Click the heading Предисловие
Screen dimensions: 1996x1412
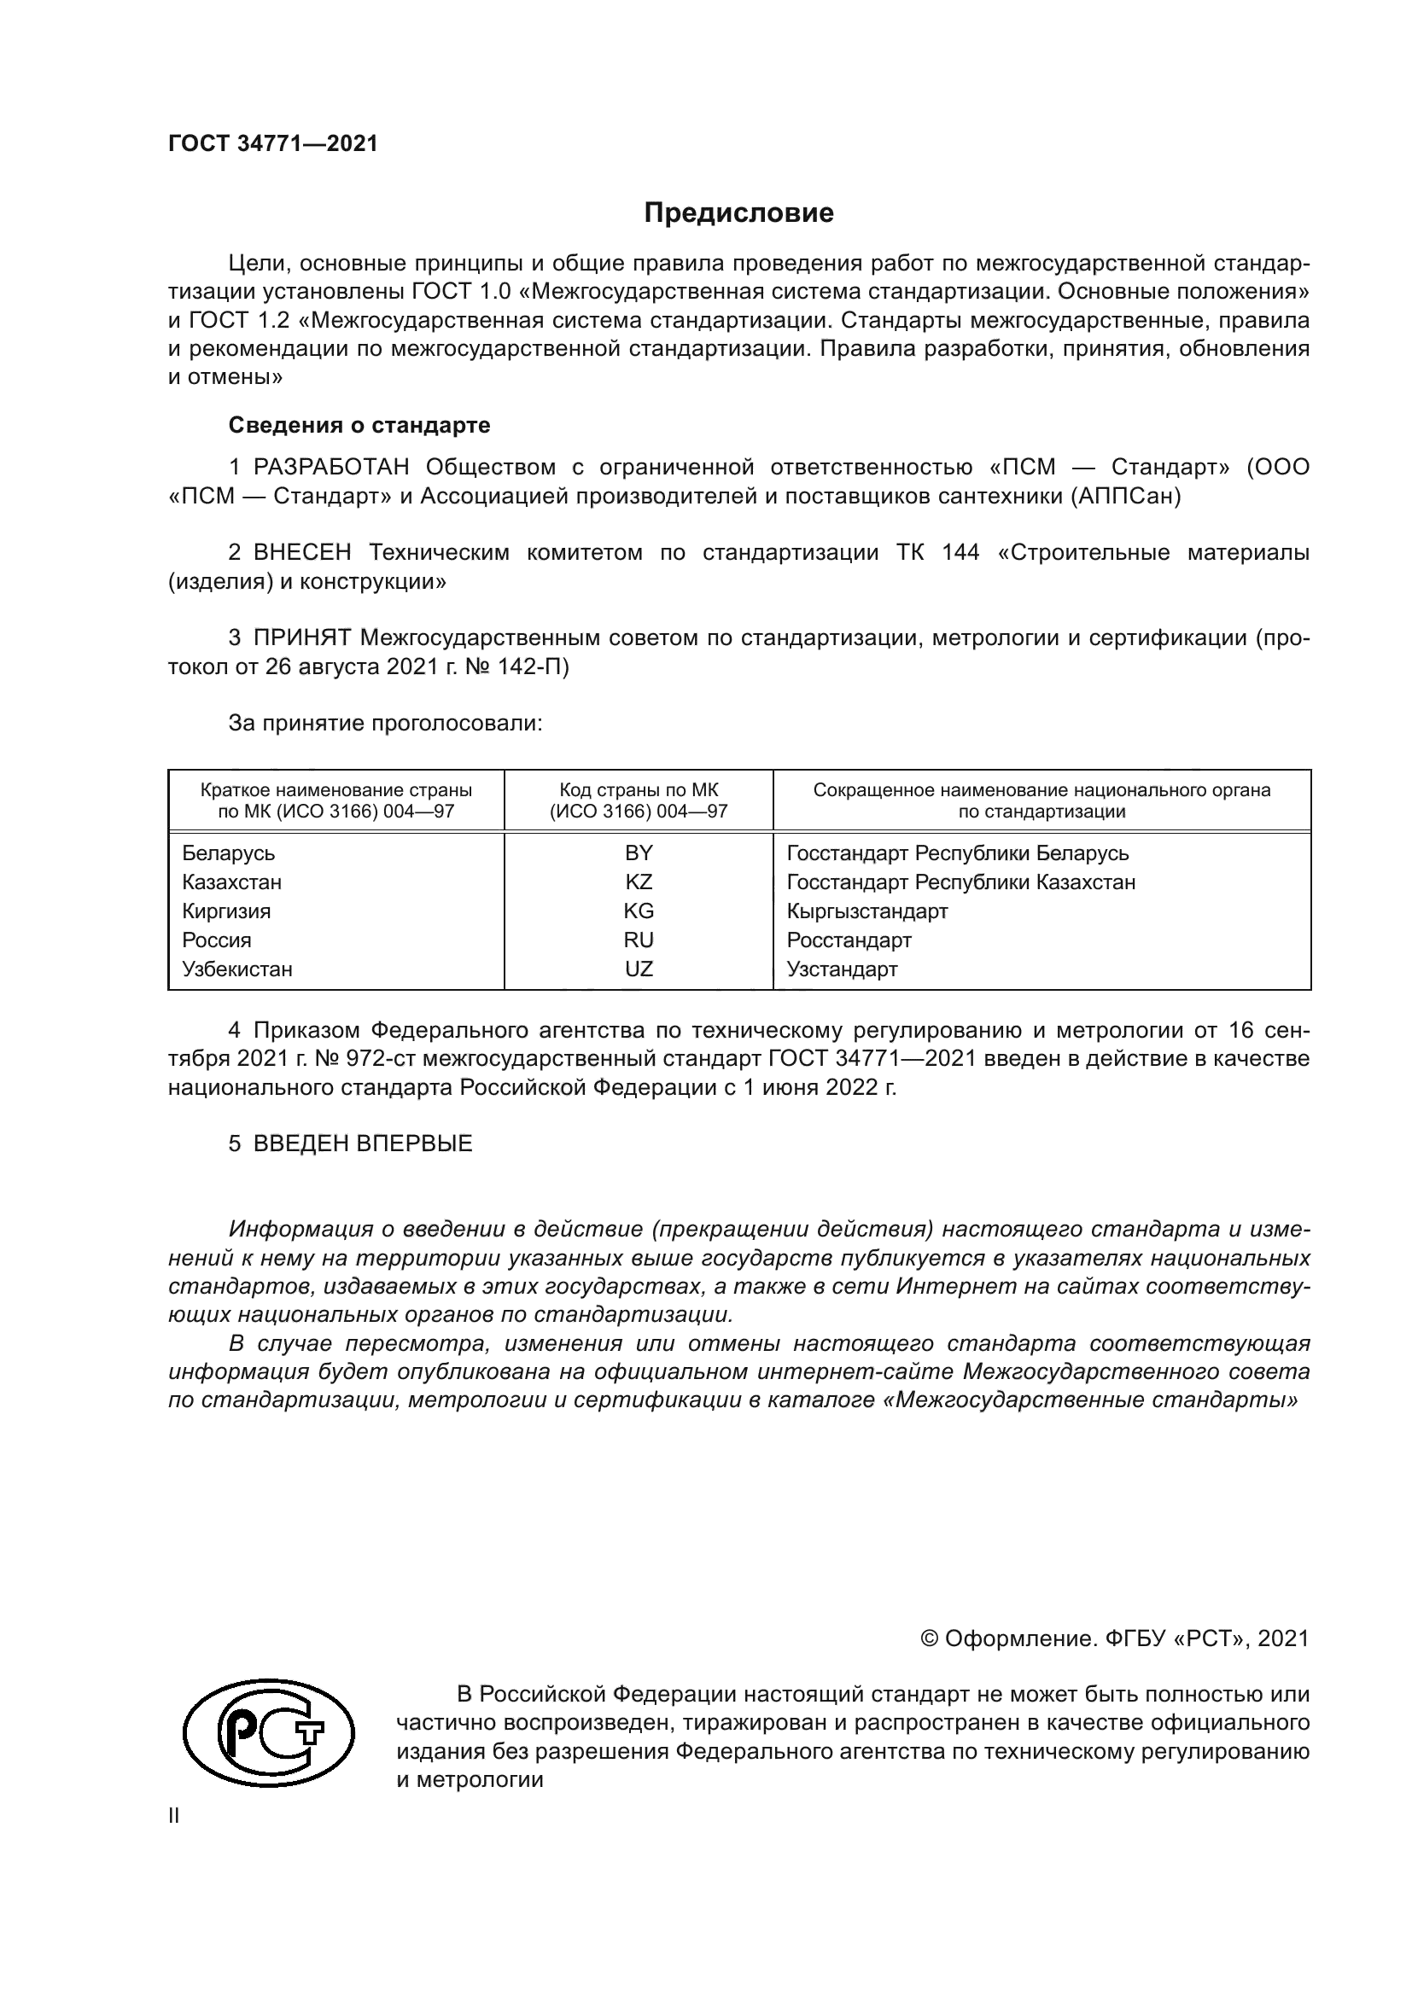(738, 213)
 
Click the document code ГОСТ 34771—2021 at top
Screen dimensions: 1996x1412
(273, 144)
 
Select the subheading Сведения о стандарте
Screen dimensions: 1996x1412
(359, 425)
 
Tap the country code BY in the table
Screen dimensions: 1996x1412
(639, 853)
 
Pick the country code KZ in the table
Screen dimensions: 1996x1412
(639, 882)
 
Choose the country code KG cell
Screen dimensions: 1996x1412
(639, 911)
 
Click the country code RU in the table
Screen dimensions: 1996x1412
(639, 940)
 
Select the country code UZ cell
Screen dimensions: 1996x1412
(639, 969)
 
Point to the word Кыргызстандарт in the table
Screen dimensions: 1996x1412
(866, 911)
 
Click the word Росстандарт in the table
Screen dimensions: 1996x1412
(849, 940)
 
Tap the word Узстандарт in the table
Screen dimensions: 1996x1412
(842, 969)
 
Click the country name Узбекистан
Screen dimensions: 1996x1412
(237, 969)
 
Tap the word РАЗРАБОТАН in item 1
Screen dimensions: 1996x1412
(331, 468)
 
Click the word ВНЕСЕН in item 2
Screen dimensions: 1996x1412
(302, 553)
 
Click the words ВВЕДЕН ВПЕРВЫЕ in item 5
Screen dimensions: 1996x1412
(363, 1143)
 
